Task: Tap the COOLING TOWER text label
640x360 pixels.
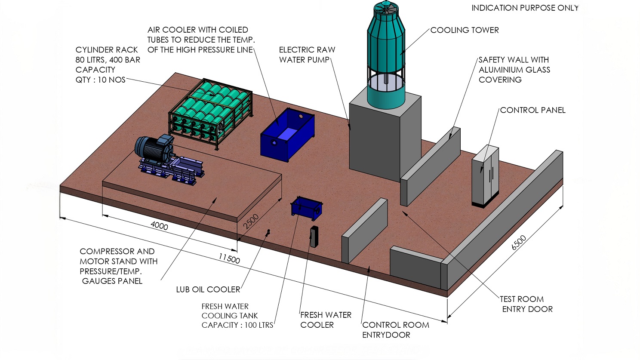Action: (x=465, y=30)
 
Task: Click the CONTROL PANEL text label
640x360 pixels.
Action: (x=532, y=110)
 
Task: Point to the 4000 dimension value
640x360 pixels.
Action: (x=159, y=225)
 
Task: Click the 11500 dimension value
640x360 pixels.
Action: (x=229, y=258)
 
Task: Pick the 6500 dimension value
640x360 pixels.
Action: (x=519, y=243)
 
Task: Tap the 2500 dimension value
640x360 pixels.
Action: (x=251, y=221)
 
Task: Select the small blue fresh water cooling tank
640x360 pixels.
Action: (x=307, y=207)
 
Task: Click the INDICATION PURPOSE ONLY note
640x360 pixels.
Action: (x=525, y=8)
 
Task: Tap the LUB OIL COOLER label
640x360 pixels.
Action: (x=208, y=289)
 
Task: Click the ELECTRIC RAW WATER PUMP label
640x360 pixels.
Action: (x=307, y=55)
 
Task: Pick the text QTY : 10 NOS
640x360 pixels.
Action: (x=100, y=80)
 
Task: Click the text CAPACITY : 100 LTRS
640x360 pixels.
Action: (x=237, y=325)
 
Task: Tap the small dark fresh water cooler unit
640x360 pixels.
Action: (x=314, y=236)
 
